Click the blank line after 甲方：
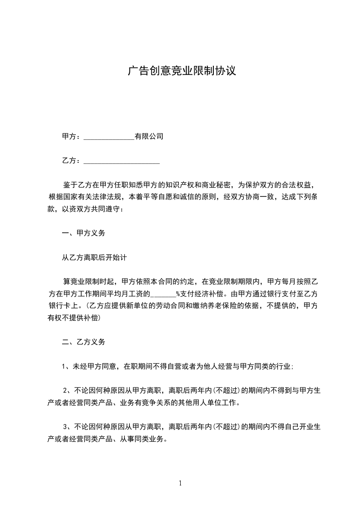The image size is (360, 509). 109,137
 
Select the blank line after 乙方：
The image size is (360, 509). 122,162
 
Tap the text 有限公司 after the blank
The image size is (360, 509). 149,136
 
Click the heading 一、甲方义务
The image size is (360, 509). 84,233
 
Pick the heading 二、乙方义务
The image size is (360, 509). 84,342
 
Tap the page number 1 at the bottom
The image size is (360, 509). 180,483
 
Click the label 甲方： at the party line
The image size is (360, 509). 72,136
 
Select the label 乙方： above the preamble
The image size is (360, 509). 72,161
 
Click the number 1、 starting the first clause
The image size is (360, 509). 65,366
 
